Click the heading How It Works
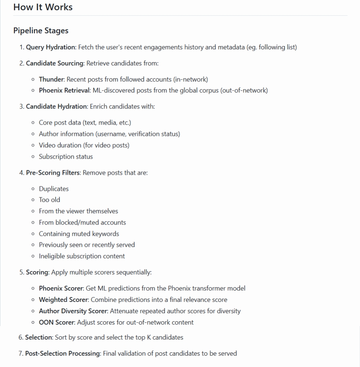pos(43,7)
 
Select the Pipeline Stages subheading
pos(41,31)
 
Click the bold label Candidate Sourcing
pos(55,63)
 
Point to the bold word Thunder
pos(51,79)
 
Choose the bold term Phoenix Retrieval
pos(64,90)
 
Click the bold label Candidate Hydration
pos(57,106)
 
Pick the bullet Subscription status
pos(66,156)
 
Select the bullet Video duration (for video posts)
pos(84,145)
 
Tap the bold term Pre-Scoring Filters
pos(53,173)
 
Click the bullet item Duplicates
pos(54,189)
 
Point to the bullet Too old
pos(49,200)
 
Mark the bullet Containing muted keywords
pos(79,234)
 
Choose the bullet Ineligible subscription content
pos(82,256)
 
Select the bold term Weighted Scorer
pos(64,300)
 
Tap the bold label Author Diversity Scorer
pos(73,311)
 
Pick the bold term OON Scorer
pos(56,322)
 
